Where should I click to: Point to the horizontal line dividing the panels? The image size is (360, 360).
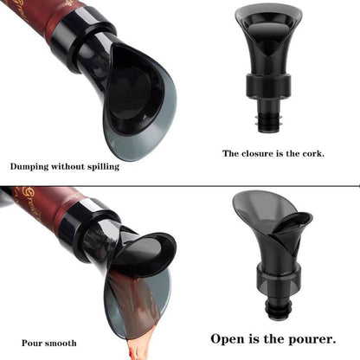point(180,185)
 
